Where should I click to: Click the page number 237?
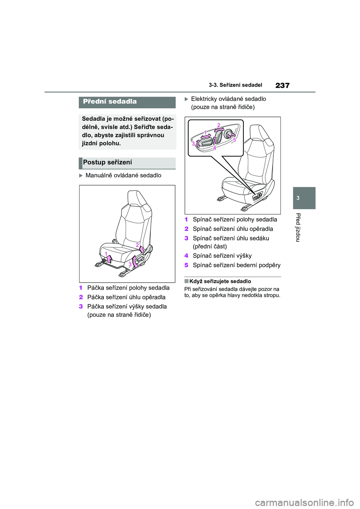(x=282, y=85)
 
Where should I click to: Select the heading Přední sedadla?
(x=110, y=102)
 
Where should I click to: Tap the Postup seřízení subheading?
(x=108, y=162)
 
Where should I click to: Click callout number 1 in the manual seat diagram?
(x=106, y=254)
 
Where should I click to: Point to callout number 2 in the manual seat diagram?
(x=137, y=245)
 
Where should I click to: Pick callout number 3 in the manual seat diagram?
(x=130, y=264)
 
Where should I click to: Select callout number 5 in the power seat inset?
(x=234, y=139)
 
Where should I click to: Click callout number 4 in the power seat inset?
(x=214, y=148)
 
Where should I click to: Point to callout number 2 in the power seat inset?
(x=218, y=125)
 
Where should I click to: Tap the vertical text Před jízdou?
(x=298, y=227)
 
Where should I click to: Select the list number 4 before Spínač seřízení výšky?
(x=186, y=256)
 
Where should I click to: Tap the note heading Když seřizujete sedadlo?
(x=220, y=281)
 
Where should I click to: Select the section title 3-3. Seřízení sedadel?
(x=235, y=85)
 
